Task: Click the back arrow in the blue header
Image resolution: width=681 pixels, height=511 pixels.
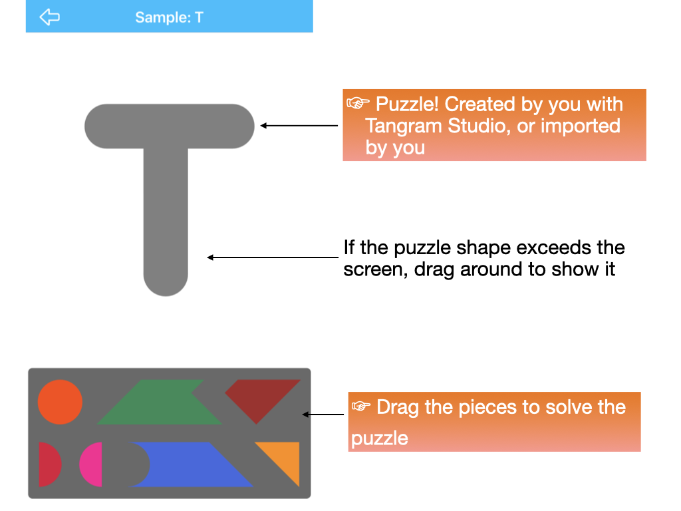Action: point(49,17)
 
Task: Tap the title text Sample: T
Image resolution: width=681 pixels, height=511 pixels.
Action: point(169,17)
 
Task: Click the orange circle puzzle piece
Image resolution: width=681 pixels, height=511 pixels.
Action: point(60,402)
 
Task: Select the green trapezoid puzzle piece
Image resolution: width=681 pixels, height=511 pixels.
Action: point(160,402)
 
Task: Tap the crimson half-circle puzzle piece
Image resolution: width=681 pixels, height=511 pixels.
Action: point(48,464)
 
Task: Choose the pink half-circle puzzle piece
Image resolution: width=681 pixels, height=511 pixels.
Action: point(92,464)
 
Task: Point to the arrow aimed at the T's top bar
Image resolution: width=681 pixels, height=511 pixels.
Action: point(299,126)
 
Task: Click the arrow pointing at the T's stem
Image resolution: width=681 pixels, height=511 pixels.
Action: point(273,257)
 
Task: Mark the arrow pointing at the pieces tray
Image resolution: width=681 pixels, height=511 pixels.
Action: point(323,415)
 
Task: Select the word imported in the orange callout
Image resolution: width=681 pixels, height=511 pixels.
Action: point(580,126)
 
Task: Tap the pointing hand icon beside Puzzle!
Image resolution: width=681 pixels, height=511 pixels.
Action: point(358,103)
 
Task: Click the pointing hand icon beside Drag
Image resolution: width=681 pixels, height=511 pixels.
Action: point(361,407)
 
